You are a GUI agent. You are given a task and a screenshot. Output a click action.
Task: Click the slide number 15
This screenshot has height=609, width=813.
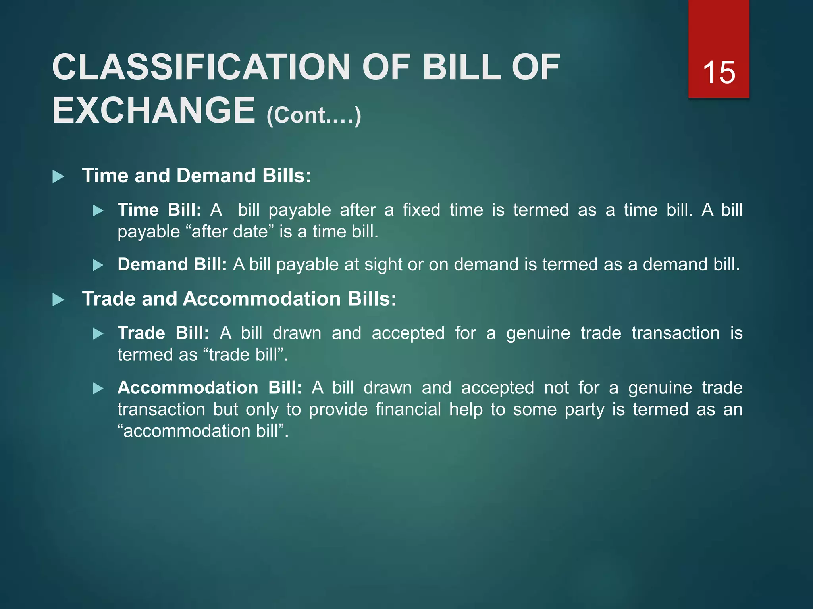coord(719,73)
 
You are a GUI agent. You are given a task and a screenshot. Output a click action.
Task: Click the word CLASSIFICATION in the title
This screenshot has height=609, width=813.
coord(201,67)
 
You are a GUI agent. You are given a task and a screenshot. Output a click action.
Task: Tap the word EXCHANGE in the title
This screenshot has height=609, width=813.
coord(154,111)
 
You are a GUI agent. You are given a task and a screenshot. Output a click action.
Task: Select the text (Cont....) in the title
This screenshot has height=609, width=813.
coord(314,115)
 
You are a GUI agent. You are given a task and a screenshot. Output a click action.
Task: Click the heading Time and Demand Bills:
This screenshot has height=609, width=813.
coord(196,176)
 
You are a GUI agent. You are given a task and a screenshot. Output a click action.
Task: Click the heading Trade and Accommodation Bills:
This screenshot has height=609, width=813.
coord(239,299)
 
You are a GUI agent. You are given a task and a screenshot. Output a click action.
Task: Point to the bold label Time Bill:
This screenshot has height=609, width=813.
coord(159,210)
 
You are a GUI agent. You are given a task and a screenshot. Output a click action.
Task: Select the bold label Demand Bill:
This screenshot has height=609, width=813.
coord(172,264)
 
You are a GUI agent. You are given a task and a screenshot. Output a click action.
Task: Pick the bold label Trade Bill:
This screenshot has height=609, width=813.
coord(163,333)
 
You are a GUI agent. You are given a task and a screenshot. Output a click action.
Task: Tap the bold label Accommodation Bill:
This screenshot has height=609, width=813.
coord(209,387)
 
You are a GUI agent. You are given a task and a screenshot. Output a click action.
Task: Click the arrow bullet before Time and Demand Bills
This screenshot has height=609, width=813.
coord(58,176)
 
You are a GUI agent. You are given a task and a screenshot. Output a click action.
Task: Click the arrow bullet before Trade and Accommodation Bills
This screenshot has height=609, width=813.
coord(58,300)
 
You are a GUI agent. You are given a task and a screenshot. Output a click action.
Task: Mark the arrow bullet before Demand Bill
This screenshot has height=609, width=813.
coord(98,265)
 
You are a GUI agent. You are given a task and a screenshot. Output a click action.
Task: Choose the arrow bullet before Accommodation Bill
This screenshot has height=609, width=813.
coord(98,388)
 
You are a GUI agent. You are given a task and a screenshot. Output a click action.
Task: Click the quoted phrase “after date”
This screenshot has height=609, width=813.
coord(229,232)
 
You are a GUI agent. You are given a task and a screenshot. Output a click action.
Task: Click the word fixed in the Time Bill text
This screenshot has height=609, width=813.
coord(421,210)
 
